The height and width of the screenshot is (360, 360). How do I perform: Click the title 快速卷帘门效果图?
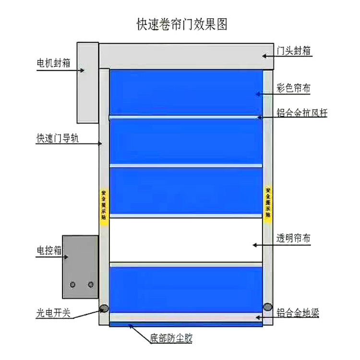pyautogui.click(x=182, y=24)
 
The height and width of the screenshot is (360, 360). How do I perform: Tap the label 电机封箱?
pyautogui.click(x=53, y=63)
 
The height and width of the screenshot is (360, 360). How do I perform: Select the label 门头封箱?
pyautogui.click(x=293, y=50)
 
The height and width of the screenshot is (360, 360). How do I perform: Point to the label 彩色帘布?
pyautogui.click(x=293, y=88)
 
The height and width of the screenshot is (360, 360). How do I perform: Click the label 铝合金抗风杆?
pyautogui.click(x=302, y=113)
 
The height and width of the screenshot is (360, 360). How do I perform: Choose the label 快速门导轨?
pyautogui.click(x=58, y=138)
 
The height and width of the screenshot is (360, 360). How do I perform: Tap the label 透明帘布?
pyautogui.click(x=293, y=238)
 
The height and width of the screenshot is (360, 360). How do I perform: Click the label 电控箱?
pyautogui.click(x=49, y=250)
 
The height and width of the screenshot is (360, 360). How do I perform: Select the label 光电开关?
pyautogui.click(x=53, y=313)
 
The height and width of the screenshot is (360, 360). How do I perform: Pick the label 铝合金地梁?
pyautogui.click(x=298, y=312)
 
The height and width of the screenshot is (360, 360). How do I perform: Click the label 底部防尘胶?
pyautogui.click(x=171, y=338)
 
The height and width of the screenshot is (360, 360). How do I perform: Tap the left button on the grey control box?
pyautogui.click(x=73, y=285)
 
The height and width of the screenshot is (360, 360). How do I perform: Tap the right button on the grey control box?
pyautogui.click(x=91, y=285)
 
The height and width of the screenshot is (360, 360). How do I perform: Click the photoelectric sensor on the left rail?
pyautogui.click(x=104, y=308)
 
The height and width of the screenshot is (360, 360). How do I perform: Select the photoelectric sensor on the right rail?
pyautogui.click(x=268, y=307)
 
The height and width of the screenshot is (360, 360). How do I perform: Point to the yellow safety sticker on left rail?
pyautogui.click(x=104, y=204)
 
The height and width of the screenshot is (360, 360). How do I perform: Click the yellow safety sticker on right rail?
pyautogui.click(x=268, y=203)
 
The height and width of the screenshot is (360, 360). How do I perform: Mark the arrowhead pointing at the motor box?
pyautogui.click(x=82, y=70)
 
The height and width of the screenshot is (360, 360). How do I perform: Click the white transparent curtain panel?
pyautogui.click(x=186, y=240)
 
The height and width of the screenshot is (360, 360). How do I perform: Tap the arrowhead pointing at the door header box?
pyautogui.click(x=264, y=56)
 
